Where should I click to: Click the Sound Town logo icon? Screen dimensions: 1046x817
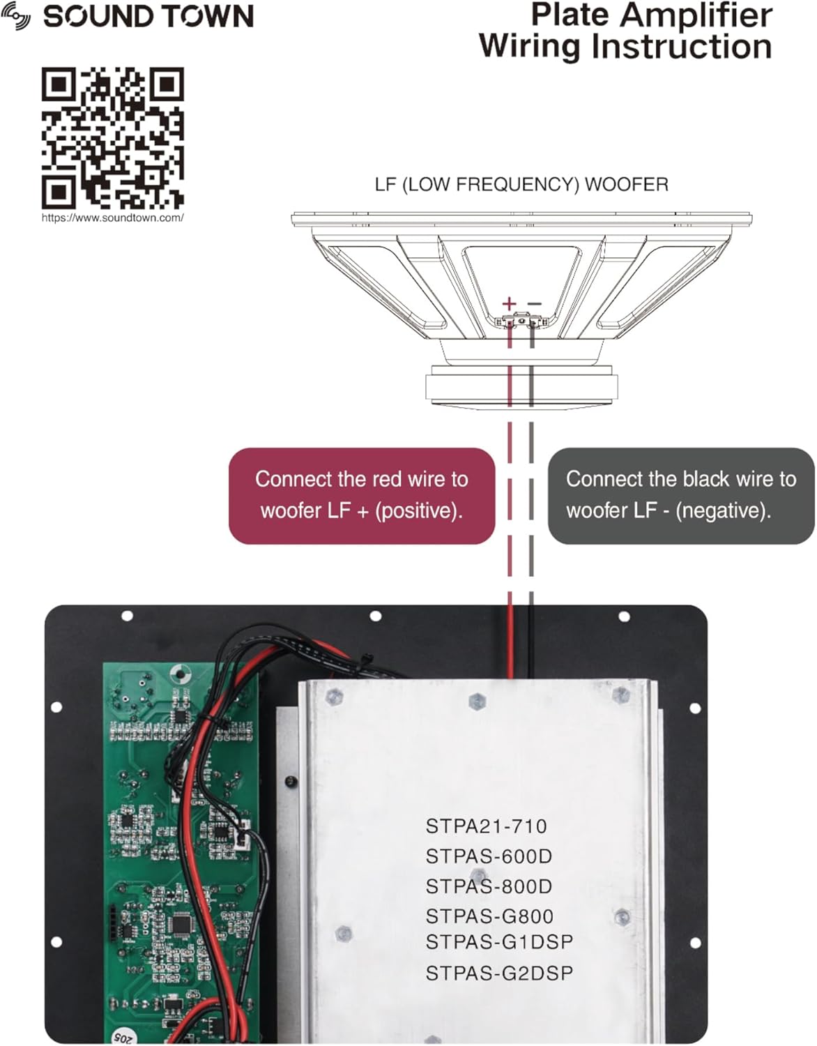[x=16, y=17]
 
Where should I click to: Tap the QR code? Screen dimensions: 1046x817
[x=112, y=138]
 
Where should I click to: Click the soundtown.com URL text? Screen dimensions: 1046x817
[x=112, y=218]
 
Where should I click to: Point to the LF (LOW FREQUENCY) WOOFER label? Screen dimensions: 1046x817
[x=521, y=185]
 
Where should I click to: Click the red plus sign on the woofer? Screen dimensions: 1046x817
[x=510, y=303]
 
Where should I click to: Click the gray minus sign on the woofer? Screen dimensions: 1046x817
[x=534, y=303]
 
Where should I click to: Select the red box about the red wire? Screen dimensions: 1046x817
[x=362, y=496]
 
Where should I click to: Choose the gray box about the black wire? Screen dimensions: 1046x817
[x=681, y=496]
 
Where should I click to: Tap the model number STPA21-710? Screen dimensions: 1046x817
[x=487, y=826]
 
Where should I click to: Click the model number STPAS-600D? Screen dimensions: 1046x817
[x=489, y=856]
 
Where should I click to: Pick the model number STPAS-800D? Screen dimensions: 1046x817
[x=489, y=886]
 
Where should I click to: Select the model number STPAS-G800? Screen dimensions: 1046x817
[x=489, y=916]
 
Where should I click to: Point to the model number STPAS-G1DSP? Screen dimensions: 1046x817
[x=499, y=942]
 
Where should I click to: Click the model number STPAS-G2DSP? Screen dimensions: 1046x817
[x=499, y=973]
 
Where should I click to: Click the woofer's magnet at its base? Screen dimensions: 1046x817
[x=521, y=386]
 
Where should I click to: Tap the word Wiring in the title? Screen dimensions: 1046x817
[x=528, y=47]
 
